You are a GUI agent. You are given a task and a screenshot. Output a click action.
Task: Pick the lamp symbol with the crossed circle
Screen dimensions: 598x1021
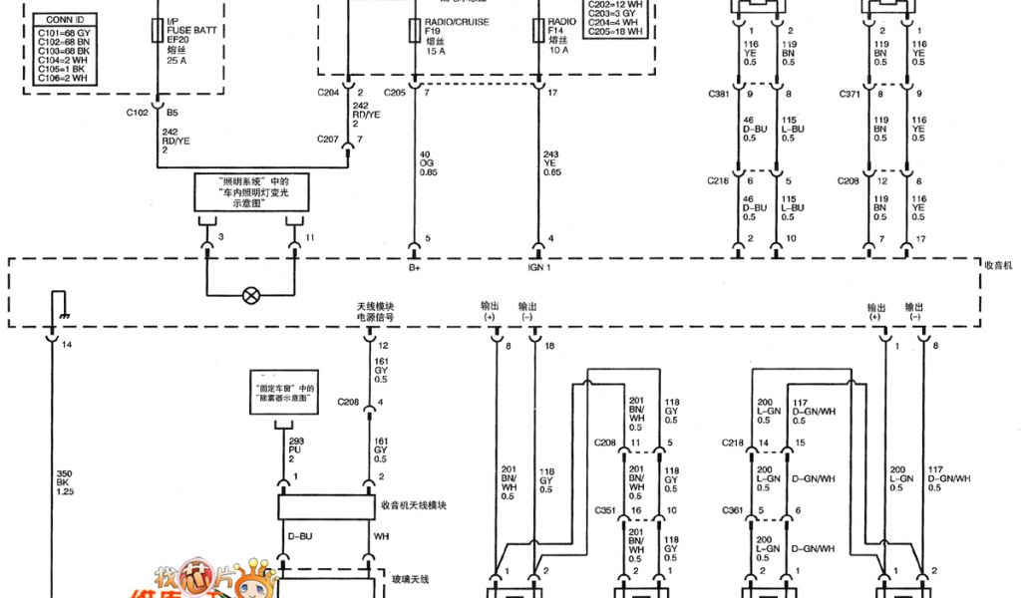(x=252, y=295)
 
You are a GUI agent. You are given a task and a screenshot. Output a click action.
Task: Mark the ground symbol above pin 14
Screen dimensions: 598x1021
(x=57, y=303)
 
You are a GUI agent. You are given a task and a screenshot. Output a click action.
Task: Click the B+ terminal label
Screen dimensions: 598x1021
(x=414, y=267)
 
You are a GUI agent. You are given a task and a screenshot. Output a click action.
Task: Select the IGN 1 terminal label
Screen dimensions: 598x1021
(x=538, y=267)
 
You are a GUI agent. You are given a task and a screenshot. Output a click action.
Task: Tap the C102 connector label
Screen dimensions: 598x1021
(x=137, y=113)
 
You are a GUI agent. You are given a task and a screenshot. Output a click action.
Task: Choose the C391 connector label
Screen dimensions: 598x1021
(x=718, y=95)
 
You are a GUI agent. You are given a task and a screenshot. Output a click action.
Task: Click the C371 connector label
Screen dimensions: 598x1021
(x=850, y=95)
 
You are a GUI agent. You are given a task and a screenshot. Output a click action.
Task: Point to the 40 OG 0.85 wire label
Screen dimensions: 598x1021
(x=427, y=162)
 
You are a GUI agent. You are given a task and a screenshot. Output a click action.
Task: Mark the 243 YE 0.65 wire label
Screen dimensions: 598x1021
(x=550, y=162)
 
